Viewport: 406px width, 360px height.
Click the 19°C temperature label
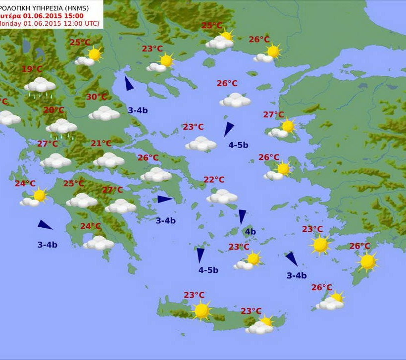pos(32,69)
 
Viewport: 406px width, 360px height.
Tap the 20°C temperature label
pos(53,110)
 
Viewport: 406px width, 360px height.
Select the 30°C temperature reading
pos(97,97)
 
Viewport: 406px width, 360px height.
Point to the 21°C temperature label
pos(101,144)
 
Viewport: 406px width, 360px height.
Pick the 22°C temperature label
pos(214,180)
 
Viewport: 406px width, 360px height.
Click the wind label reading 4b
pos(250,232)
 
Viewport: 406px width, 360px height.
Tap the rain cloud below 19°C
pos(40,86)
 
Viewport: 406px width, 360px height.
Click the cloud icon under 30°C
pos(104,114)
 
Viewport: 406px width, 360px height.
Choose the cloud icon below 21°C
pos(108,160)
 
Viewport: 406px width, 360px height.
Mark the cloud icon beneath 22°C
pos(222,197)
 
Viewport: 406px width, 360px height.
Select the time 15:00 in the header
pos(63,15)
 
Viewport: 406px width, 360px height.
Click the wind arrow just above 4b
pos(242,216)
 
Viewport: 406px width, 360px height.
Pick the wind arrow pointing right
pos(165,199)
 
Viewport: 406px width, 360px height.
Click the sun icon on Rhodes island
pos(367,261)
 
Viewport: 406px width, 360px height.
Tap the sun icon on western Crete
pos(202,310)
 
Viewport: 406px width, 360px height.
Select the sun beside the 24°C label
pos(39,196)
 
